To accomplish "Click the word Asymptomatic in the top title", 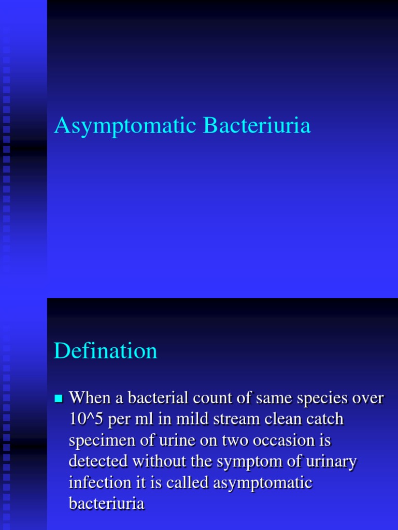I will pos(126,126).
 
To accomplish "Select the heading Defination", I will pos(105,351).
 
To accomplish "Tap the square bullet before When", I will pos(58,399).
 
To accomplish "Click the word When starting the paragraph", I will pos(90,399).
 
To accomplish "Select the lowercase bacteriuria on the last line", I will pos(106,504).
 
